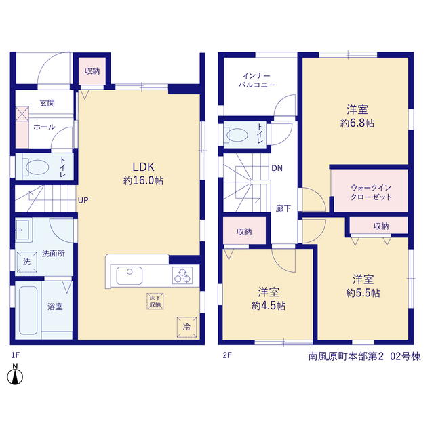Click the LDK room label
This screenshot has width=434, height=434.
(143, 167)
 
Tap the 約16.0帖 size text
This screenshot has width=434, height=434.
(143, 181)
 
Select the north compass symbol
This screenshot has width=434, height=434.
(15, 375)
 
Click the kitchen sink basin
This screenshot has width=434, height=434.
(130, 275)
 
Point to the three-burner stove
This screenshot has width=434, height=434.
(182, 275)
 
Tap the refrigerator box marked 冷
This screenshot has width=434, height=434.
(187, 327)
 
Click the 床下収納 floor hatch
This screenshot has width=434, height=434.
(155, 301)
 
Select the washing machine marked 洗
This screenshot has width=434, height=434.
(27, 262)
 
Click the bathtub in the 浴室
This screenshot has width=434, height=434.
(28, 311)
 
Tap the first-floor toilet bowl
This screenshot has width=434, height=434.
(37, 167)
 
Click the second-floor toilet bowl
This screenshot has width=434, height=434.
(237, 135)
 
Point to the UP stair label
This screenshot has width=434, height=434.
(83, 200)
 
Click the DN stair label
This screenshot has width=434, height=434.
(277, 168)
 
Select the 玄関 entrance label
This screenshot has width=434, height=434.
(47, 103)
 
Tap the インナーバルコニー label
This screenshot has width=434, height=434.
(256, 80)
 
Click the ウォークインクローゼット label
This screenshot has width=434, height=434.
(371, 193)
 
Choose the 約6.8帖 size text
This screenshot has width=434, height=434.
(357, 123)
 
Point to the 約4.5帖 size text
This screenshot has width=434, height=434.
(269, 306)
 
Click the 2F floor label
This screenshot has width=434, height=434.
(227, 355)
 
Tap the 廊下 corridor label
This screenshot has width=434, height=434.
(283, 208)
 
